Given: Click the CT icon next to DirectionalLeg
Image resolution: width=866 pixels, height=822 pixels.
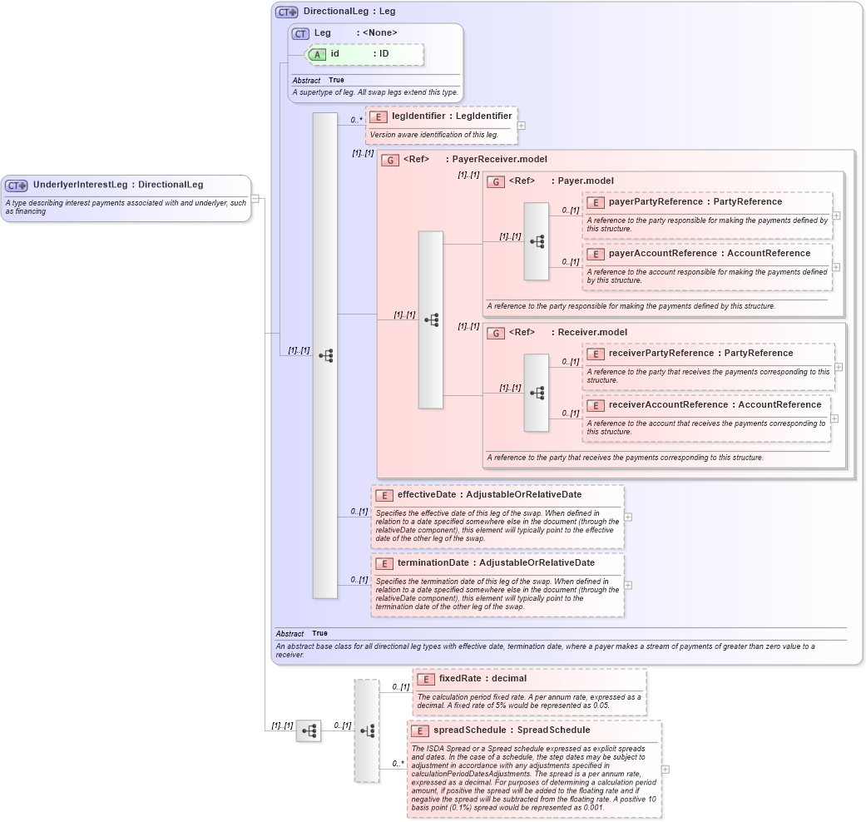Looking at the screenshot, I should coord(287,12).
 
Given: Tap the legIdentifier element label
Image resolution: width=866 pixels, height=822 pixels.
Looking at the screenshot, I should coord(418,116).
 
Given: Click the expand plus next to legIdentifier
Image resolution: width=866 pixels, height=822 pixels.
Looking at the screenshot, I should coord(522,126).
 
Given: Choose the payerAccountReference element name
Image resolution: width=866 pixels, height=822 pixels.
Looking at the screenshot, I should coord(662,253).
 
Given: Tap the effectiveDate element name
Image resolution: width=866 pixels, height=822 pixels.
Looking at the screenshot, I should coord(427,494).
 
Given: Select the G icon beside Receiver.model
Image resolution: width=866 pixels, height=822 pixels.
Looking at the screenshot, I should coord(496,333).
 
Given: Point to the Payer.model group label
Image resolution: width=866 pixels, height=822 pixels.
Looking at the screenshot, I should coord(586,181).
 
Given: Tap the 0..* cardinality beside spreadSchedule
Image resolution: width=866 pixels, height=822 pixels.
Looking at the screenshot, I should coord(398,763).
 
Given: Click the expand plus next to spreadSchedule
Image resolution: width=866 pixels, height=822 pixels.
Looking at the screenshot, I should coord(666,770).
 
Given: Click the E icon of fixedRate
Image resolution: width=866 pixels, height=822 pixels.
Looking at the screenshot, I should coord(426,679).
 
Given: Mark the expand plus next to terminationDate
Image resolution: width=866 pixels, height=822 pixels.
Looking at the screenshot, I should coord(628,585).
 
